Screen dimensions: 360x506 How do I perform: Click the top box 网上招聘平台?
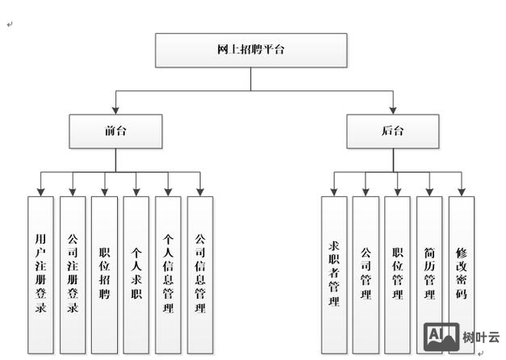pyautogui.click(x=250, y=50)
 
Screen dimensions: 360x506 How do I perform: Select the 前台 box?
pyautogui.click(x=115, y=131)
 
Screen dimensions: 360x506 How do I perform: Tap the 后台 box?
pyautogui.click(x=393, y=131)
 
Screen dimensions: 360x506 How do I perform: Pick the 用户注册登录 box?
pyautogui.click(x=40, y=274)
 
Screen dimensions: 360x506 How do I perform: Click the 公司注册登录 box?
pyautogui.click(x=73, y=274)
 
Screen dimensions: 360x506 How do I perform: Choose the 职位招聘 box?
pyautogui.click(x=104, y=274)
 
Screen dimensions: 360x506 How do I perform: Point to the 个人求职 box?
pyautogui.click(x=136, y=274)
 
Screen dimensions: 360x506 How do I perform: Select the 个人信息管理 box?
pyautogui.click(x=168, y=274)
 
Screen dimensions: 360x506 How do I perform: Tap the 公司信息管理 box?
pyautogui.click(x=200, y=274)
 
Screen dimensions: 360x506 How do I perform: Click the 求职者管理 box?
pyautogui.click(x=333, y=274)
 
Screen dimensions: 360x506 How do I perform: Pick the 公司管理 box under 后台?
pyautogui.click(x=366, y=274)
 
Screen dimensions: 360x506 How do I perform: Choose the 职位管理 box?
pyautogui.click(x=397, y=274)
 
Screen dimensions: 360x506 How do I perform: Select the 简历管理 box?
pyautogui.click(x=429, y=274)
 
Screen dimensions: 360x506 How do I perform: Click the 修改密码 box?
pyautogui.click(x=461, y=274)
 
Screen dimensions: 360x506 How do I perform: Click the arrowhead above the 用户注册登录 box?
pyautogui.click(x=40, y=191)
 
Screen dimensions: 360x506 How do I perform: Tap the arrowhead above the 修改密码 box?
pyautogui.click(x=461, y=191)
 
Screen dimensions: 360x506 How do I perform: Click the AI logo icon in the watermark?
pyautogui.click(x=441, y=337)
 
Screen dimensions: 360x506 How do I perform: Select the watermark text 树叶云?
pyautogui.click(x=481, y=337)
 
